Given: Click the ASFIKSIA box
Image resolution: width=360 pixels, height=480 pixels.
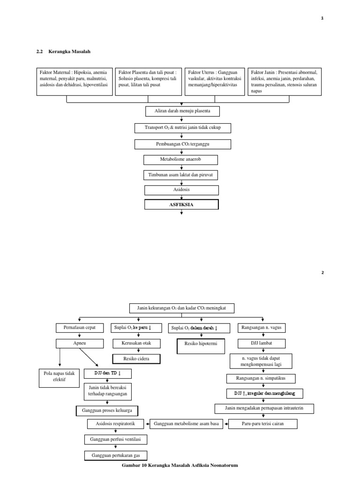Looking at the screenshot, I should tap(181, 205).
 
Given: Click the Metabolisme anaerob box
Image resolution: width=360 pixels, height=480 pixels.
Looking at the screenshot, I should tap(181, 160).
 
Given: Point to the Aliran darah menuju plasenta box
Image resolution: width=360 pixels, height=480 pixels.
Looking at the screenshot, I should tap(181, 112).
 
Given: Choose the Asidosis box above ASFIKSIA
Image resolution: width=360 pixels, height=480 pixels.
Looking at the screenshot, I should tap(181, 190).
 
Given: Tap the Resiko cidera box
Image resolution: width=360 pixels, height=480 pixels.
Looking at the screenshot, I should tap(136, 359).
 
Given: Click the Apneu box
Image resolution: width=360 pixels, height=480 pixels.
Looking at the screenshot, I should tap(80, 344).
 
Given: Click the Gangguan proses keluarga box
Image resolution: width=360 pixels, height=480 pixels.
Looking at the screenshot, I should tap(107, 411).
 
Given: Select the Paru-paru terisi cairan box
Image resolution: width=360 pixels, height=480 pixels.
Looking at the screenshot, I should tap(262, 424).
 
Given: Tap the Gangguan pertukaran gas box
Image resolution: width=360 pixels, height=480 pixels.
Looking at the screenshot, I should tap(115, 455).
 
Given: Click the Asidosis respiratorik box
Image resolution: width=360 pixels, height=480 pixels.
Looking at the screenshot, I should tap(115, 424).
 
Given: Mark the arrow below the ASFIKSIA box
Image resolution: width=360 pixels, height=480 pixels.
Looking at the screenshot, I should tap(181, 214).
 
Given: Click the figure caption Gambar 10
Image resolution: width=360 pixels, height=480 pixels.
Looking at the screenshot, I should tap(180, 465).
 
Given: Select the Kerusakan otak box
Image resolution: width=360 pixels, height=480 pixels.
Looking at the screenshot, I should tap(136, 344).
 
